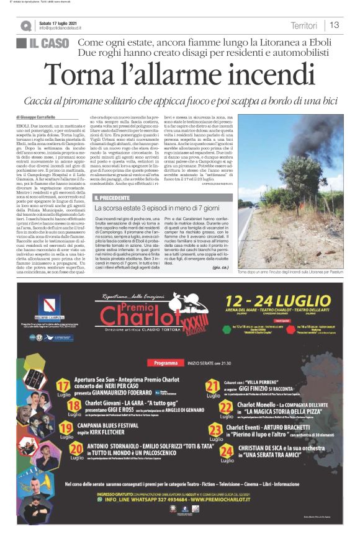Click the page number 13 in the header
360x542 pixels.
pyautogui.click(x=335, y=25)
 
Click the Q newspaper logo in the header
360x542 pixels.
pyautogui.click(x=25, y=25)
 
